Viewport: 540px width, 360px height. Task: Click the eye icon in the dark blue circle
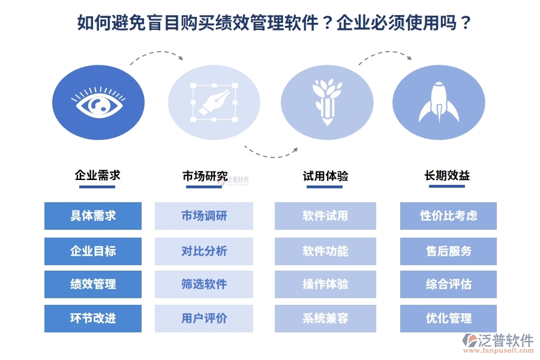click(98, 103)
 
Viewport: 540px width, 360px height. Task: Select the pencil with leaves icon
click(327, 101)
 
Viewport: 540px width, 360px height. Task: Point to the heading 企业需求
click(97, 175)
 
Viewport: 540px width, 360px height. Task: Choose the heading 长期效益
click(447, 175)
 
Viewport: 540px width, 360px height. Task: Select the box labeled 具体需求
click(93, 216)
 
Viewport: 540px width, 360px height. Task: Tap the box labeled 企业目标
click(93, 251)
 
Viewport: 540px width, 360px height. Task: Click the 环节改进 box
click(93, 319)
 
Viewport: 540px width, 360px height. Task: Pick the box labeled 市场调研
click(204, 216)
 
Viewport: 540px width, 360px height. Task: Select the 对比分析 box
click(204, 251)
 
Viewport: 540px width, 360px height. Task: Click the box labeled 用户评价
click(204, 319)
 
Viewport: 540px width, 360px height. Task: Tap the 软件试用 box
click(325, 216)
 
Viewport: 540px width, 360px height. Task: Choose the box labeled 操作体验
click(325, 284)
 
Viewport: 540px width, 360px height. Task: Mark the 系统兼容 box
click(325, 319)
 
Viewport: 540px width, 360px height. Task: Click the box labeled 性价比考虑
click(448, 216)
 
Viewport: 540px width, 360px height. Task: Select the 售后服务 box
click(448, 251)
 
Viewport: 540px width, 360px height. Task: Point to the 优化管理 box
click(448, 319)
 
